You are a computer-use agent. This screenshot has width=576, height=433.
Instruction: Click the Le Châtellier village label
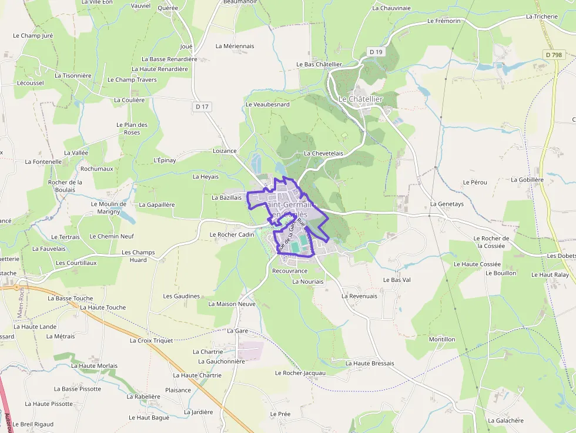coord(360,99)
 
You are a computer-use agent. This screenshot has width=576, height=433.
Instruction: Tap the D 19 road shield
coord(376,52)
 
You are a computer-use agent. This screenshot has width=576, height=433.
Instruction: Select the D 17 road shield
coord(202,106)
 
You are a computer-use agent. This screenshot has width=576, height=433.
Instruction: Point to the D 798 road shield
coord(553,55)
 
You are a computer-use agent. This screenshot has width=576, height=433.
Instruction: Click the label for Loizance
coord(225,151)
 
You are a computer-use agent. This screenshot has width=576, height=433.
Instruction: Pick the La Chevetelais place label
coord(323,153)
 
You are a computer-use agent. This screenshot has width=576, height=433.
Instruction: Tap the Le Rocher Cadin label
coord(232,234)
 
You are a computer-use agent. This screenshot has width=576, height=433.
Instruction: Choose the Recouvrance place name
coord(290,271)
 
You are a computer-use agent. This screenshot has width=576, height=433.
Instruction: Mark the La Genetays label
coord(447,204)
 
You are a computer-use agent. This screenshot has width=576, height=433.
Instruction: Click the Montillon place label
coord(442,340)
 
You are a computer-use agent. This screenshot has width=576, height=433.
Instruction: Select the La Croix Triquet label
coord(151,340)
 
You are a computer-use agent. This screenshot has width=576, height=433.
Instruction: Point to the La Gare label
coord(237,331)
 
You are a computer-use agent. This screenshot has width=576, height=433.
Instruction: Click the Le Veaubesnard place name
coord(267,104)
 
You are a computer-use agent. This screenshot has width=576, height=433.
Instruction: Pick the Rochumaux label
coord(96,169)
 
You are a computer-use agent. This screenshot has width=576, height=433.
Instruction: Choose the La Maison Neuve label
coord(232,304)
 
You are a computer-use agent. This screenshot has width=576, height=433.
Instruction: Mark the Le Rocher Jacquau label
coord(300,373)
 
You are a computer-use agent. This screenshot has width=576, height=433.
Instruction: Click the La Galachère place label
coord(505,421)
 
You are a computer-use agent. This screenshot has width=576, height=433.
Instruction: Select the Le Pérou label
coord(475,182)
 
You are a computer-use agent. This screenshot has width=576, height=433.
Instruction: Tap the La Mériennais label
coord(235,46)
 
